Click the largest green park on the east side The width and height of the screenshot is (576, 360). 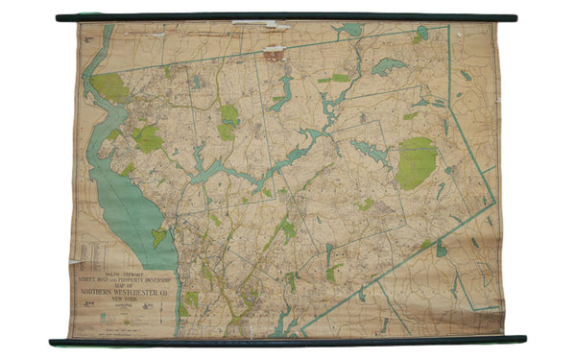416,162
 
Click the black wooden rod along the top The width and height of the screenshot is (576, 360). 288,17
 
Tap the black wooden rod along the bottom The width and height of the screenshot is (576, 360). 288,340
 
